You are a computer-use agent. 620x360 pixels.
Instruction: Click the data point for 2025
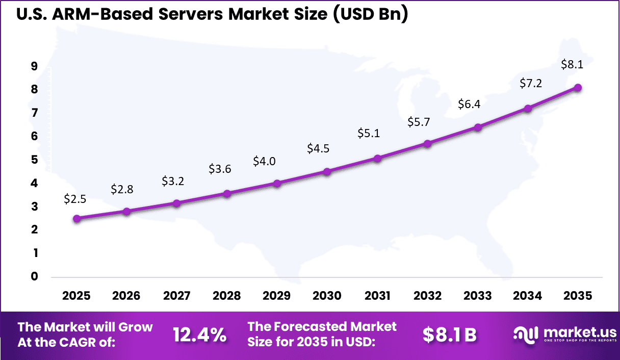pyautogui.click(x=77, y=218)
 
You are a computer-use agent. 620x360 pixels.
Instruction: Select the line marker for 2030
pyautogui.click(x=327, y=172)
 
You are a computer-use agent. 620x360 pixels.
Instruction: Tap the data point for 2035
pyautogui.click(x=578, y=88)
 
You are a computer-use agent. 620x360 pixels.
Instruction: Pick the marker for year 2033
pyautogui.click(x=478, y=127)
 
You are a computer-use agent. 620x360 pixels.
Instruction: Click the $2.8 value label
pyautogui.click(x=122, y=190)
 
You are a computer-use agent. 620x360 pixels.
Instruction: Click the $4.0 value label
pyautogui.click(x=264, y=162)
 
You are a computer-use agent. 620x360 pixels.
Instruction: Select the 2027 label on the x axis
pyautogui.click(x=177, y=296)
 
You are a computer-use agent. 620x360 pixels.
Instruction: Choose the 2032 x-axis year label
pyautogui.click(x=427, y=296)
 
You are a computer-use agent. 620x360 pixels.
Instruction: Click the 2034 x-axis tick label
pyautogui.click(x=528, y=296)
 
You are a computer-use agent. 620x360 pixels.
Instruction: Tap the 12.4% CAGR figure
pyautogui.click(x=199, y=335)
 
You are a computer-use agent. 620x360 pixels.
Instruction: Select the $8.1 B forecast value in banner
pyautogui.click(x=449, y=335)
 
